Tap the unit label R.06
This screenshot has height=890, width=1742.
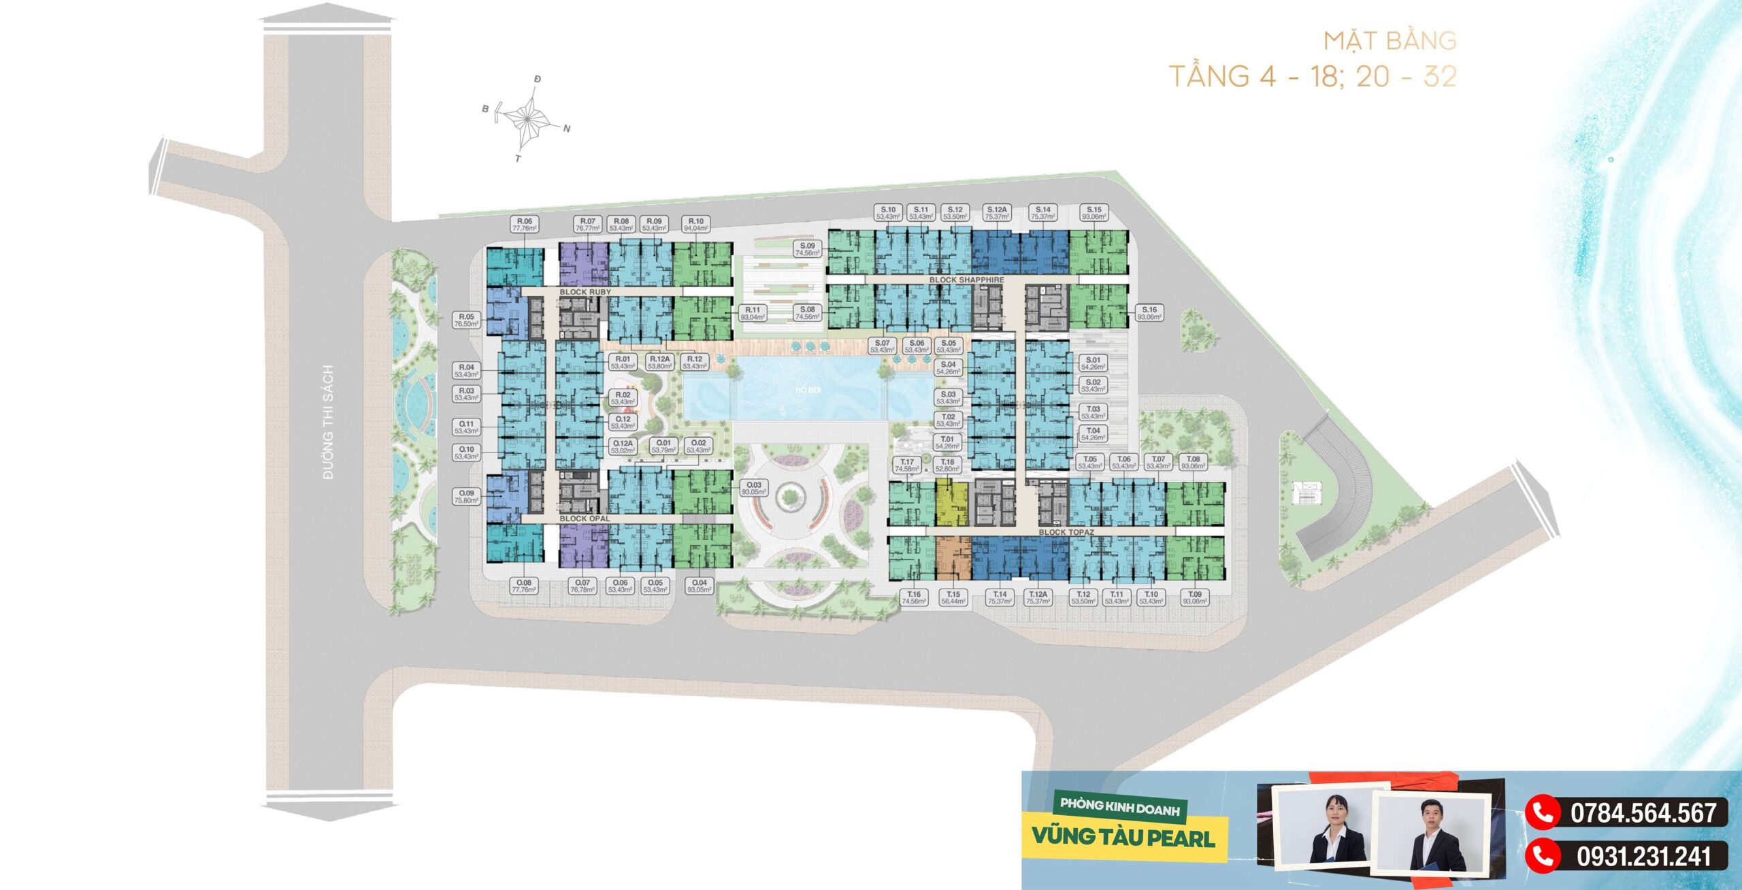pos(524,225)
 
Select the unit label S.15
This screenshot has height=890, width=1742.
pos(1094,213)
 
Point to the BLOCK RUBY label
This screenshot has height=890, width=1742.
pos(585,292)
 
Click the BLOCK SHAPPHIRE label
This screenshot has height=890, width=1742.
pos(966,280)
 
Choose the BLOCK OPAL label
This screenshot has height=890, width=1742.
pos(585,518)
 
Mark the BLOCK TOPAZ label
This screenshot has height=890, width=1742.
pos(1066,532)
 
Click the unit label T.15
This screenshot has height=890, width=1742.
pos(953,597)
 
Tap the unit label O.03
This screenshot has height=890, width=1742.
pos(754,488)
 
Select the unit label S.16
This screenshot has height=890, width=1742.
pos(1149,313)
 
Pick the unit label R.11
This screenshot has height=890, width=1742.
pos(752,313)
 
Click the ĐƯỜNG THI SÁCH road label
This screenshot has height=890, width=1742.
pos(328,422)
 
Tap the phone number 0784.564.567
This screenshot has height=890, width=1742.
pos(1643,813)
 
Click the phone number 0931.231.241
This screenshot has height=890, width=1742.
pos(1643,856)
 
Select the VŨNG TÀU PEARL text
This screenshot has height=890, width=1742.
pos(1123,837)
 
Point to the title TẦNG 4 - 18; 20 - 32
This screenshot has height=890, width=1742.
pos(1312,76)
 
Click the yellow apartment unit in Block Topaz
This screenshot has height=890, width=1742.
pos(951,502)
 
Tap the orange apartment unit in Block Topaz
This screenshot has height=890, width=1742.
pos(952,558)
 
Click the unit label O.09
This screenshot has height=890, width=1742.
pos(466,497)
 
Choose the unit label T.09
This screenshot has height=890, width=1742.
pos(1195,597)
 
